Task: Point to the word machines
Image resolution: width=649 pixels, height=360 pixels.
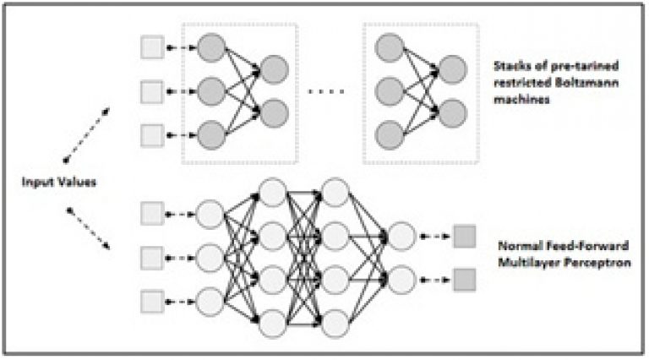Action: click(521, 100)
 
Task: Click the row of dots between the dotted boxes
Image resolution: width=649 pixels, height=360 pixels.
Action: click(326, 92)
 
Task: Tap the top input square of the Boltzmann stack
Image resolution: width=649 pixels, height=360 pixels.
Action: click(152, 47)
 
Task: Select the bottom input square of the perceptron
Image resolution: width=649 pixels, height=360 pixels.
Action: click(152, 302)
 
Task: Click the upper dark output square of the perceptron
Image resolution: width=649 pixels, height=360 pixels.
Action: click(465, 237)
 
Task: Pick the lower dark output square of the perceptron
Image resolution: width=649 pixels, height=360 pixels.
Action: click(465, 280)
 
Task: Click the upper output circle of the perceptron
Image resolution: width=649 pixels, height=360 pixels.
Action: click(401, 237)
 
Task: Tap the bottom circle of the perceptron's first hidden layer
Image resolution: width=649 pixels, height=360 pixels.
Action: click(272, 324)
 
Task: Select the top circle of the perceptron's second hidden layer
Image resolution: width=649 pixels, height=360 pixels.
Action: click(335, 193)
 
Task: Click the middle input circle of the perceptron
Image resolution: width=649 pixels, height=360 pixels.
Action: click(210, 258)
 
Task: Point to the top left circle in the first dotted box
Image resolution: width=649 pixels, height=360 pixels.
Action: click(211, 48)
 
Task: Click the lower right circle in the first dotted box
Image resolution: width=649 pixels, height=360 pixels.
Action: click(275, 113)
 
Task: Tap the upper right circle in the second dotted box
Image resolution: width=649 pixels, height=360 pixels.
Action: click(453, 69)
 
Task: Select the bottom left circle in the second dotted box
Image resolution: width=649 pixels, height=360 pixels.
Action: click(389, 135)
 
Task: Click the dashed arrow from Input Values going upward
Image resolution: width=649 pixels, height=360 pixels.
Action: click(86, 135)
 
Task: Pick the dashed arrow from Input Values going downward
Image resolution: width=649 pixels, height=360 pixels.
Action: click(88, 229)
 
